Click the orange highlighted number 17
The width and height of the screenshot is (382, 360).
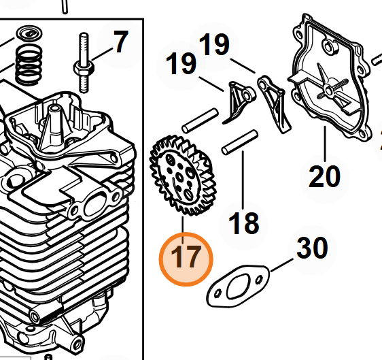pos(186,257)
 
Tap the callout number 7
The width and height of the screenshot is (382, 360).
pos(120,42)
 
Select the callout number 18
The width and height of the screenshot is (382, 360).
pos(243,223)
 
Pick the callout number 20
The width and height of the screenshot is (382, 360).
pos(324,176)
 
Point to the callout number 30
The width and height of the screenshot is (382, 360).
pos(312,247)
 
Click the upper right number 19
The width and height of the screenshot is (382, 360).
pos(214,44)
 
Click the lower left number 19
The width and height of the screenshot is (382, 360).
pos(181,63)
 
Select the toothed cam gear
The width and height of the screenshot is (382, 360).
pos(183,176)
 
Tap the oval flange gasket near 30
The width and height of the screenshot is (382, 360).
pos(238,286)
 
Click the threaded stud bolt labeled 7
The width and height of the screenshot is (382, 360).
pos(84,63)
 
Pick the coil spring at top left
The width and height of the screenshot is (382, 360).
pos(29,65)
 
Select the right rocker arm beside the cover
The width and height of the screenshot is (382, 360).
pos(275,103)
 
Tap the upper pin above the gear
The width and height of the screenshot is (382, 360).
pos(200,120)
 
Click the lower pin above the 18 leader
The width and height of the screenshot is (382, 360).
pos(240,142)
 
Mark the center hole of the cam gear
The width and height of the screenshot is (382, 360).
pos(179,178)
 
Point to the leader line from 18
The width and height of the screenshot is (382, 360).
pos(243,180)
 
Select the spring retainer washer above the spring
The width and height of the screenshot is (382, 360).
pos(29,33)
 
